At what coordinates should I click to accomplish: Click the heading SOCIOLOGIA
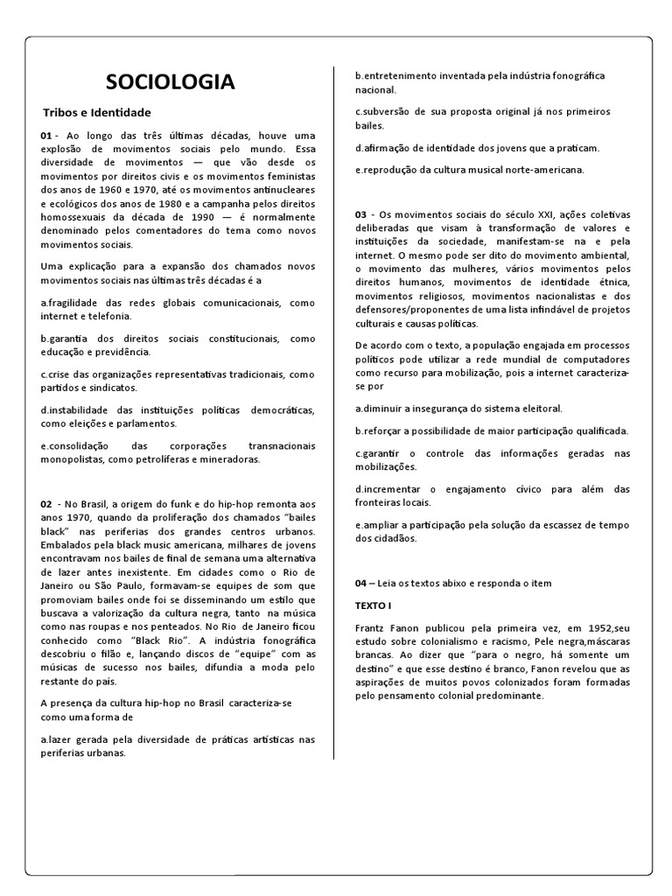(170, 82)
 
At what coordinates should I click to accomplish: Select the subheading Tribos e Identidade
(97, 113)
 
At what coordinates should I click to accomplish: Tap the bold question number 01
(47, 136)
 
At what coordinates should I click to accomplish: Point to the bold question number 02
(47, 504)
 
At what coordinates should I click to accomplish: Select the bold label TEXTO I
(374, 605)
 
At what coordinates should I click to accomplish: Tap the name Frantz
(373, 628)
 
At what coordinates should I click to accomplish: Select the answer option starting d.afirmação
(477, 148)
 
